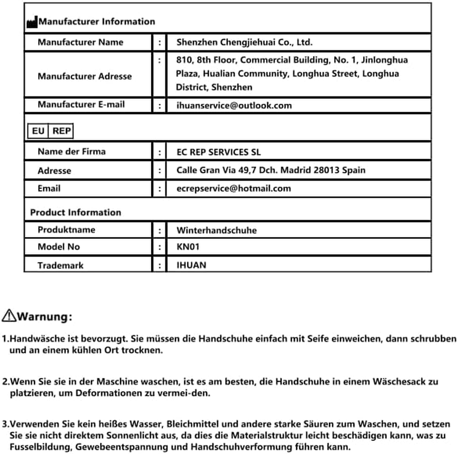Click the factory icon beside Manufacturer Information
coord(32,22)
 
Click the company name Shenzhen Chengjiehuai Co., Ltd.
coord(244,42)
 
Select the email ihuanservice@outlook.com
coord(234,106)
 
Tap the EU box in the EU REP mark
coord(38,131)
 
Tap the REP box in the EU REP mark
coord(61,131)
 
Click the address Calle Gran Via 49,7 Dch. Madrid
coord(270,170)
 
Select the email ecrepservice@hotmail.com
coord(234,188)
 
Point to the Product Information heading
coord(76,212)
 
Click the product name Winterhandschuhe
coord(216,230)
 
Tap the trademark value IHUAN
coord(191,265)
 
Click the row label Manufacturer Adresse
coord(85,76)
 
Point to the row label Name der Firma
coord(72,152)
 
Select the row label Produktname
coord(66,230)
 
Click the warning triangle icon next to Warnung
coord(10,316)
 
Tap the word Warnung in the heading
coord(44,316)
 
